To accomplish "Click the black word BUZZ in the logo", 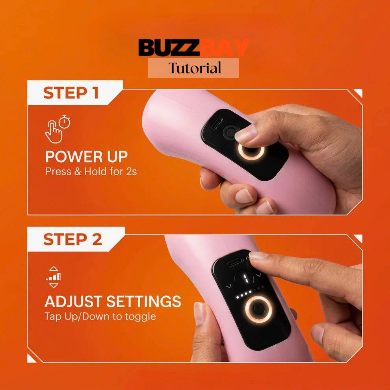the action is (x=169, y=47).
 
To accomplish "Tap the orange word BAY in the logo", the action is (x=225, y=47).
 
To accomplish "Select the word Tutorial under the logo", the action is (x=195, y=68).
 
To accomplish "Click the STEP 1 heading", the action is (x=71, y=93).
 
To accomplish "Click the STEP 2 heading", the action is (x=72, y=239).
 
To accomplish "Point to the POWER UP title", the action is (x=86, y=157).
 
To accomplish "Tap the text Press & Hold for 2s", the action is (x=91, y=172).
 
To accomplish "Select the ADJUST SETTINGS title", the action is (x=113, y=301).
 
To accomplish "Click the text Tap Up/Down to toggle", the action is (x=100, y=316).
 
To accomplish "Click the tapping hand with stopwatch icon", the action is (x=58, y=129).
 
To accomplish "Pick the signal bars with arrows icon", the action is (x=54, y=277).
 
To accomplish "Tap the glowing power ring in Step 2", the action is (x=257, y=309).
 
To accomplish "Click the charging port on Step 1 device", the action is (x=217, y=124).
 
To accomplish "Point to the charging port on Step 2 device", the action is (x=235, y=262).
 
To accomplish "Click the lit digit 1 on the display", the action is (x=245, y=279).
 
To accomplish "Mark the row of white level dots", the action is (x=249, y=292).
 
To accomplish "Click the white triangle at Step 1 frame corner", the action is (x=358, y=93).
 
